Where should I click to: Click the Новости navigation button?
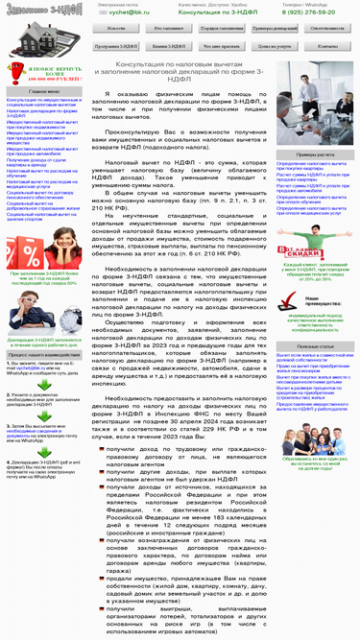click(116, 29)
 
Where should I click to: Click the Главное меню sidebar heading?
click(44, 91)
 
